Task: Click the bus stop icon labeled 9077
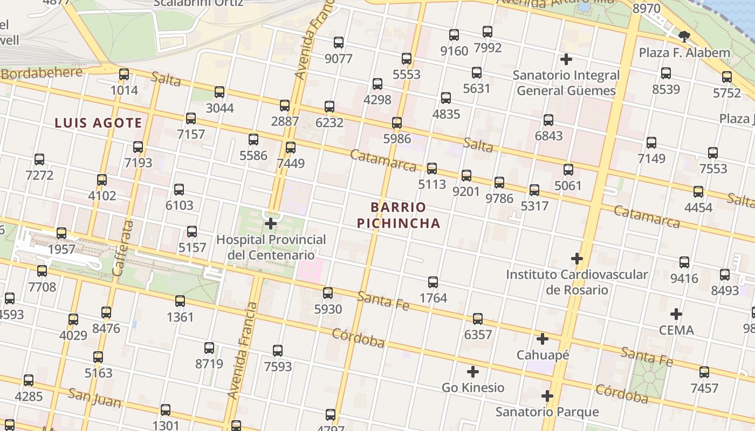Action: pyautogui.click(x=339, y=43)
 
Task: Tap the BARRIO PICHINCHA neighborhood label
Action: pyautogui.click(x=398, y=215)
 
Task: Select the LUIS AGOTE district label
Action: pyautogui.click(x=98, y=123)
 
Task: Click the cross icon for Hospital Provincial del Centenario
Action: pyautogui.click(x=271, y=223)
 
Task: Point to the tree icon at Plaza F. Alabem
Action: pyautogui.click(x=684, y=37)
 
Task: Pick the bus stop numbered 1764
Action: pyautogui.click(x=433, y=282)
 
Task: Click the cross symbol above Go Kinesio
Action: pyautogui.click(x=473, y=372)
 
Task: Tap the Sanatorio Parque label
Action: pyautogui.click(x=547, y=412)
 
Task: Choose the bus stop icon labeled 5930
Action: pyautogui.click(x=328, y=293)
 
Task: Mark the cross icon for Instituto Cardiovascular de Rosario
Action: pyautogui.click(x=577, y=259)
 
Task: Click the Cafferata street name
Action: pyautogui.click(x=122, y=248)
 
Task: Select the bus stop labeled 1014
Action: pyautogui.click(x=124, y=74)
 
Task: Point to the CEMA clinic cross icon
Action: pyautogui.click(x=676, y=314)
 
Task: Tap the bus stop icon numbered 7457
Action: pyautogui.click(x=704, y=372)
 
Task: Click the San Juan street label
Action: pyautogui.click(x=94, y=397)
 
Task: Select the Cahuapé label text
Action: pyautogui.click(x=543, y=355)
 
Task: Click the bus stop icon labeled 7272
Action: pyautogui.click(x=39, y=159)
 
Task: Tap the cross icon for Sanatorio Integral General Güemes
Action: pyautogui.click(x=566, y=59)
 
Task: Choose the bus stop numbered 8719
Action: pyautogui.click(x=209, y=348)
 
